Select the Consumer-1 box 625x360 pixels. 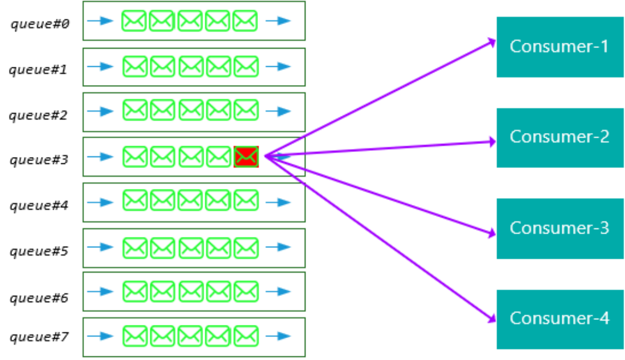point(559,47)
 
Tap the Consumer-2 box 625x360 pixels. point(559,137)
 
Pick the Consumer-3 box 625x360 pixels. point(559,229)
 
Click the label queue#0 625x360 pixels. point(40,23)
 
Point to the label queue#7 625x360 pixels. point(39,337)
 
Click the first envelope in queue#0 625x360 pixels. point(134,21)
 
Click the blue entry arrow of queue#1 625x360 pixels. point(100,66)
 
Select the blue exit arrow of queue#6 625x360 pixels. point(278,291)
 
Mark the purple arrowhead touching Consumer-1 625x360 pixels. point(491,41)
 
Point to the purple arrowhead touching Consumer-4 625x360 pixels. point(491,318)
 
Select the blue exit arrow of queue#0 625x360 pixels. point(278,21)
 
